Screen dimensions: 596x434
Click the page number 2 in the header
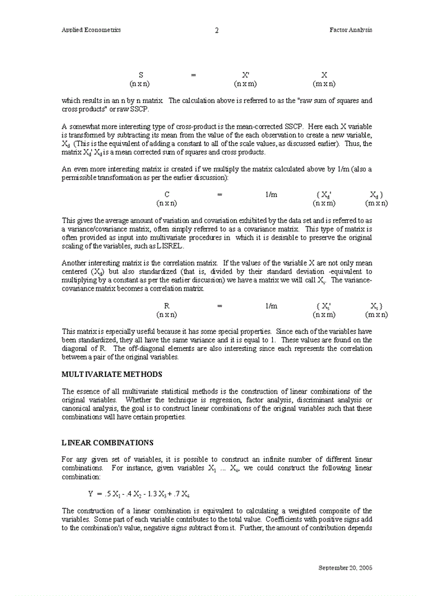216,30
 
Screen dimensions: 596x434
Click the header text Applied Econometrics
91,30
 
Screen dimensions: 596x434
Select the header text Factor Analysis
351,30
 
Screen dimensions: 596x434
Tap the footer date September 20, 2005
345,567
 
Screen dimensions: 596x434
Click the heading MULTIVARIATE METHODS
112,374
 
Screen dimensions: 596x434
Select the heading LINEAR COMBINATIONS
107,443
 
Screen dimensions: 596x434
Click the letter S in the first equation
141,74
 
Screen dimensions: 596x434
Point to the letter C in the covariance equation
167,194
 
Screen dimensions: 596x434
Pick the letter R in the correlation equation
167,306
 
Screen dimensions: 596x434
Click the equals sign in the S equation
193,75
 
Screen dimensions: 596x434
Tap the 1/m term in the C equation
271,194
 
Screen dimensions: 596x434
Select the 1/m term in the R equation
271,306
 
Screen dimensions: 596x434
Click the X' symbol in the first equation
246,74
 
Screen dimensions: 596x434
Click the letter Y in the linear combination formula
91,494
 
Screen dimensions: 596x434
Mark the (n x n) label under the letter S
139,83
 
